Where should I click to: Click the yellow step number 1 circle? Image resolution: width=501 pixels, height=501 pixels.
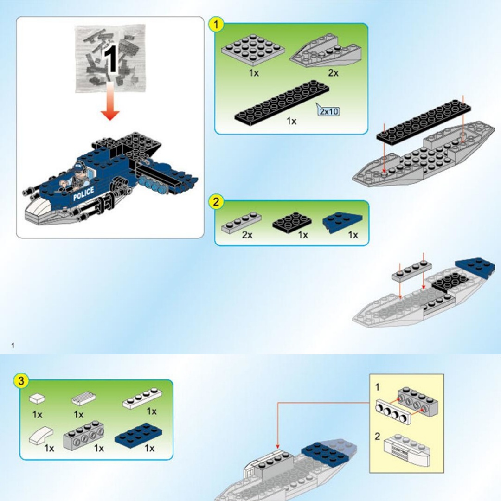216,24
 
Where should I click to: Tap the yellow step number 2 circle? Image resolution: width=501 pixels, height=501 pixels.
216,202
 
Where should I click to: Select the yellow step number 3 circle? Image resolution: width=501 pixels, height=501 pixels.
21,381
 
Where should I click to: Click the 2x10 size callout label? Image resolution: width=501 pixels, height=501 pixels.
329,111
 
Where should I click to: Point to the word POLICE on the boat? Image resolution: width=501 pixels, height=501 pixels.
83,193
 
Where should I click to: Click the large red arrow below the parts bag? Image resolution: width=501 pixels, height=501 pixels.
110,101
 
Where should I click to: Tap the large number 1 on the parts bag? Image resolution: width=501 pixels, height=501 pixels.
110,59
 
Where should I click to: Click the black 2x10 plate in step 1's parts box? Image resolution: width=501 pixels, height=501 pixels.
282,102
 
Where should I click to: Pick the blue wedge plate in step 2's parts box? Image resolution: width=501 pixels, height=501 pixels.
343,222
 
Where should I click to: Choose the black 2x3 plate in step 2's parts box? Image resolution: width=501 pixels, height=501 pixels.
292,220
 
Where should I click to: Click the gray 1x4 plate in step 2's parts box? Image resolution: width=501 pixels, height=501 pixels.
241,222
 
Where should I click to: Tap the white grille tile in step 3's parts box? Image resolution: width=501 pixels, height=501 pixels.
83,398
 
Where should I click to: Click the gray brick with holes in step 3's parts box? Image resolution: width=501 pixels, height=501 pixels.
83,435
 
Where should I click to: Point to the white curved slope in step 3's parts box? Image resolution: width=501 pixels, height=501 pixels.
41,436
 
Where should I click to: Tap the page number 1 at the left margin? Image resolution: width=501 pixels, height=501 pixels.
13,346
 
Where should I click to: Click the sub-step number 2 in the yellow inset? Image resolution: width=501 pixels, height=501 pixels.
377,436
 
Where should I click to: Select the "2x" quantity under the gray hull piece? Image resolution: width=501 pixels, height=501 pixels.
333,73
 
